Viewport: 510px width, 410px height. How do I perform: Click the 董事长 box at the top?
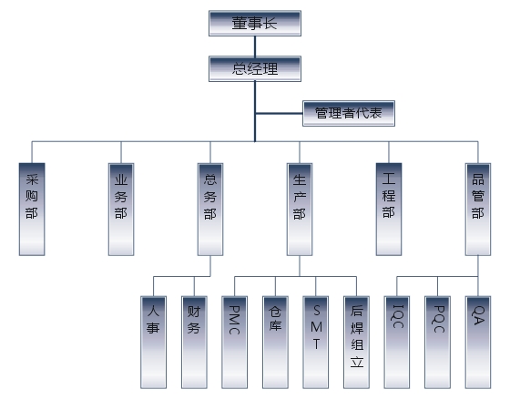pyautogui.click(x=255, y=23)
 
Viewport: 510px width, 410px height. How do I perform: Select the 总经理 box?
pyautogui.click(x=255, y=68)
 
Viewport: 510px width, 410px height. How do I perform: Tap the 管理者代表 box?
pyautogui.click(x=349, y=113)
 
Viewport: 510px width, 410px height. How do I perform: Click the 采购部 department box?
pyautogui.click(x=32, y=210)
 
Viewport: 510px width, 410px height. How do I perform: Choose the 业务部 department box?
pyautogui.click(x=121, y=210)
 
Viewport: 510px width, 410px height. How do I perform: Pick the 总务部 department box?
pyautogui.click(x=210, y=210)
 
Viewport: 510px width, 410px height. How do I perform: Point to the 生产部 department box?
pyautogui.click(x=300, y=210)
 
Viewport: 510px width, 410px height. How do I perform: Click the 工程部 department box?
pyautogui.click(x=389, y=210)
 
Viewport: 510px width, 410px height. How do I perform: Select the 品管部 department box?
pyautogui.click(x=478, y=210)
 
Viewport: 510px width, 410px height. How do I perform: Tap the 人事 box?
pyautogui.click(x=154, y=343)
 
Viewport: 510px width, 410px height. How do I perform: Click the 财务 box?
pyautogui.click(x=194, y=343)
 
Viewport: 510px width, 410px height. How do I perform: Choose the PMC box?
pyautogui.click(x=235, y=343)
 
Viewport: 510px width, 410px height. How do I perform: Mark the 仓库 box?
pyautogui.click(x=275, y=343)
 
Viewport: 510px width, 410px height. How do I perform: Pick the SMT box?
pyautogui.click(x=315, y=343)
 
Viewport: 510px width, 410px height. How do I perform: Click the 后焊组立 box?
pyautogui.click(x=356, y=343)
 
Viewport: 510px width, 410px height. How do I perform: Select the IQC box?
pyautogui.click(x=397, y=343)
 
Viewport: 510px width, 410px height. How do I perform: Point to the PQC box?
pyautogui.click(x=437, y=343)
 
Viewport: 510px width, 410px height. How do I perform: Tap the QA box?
pyautogui.click(x=478, y=343)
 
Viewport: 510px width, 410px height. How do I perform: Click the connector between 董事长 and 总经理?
pyautogui.click(x=255, y=46)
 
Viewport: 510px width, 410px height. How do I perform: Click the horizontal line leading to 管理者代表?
pyautogui.click(x=279, y=114)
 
